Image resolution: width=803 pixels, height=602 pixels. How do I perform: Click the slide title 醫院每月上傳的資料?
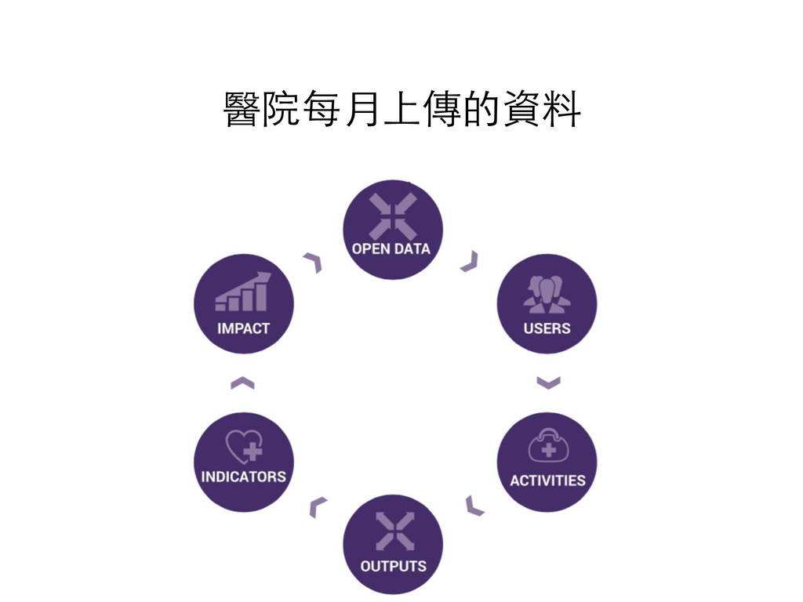click(401, 110)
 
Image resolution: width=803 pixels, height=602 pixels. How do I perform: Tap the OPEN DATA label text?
click(391, 248)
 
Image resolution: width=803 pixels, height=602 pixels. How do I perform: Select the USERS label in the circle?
click(547, 328)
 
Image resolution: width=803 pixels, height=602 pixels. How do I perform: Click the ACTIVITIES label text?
click(547, 480)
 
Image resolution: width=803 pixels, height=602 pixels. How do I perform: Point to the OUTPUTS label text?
click(393, 565)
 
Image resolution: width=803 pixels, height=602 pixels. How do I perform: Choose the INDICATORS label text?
click(243, 476)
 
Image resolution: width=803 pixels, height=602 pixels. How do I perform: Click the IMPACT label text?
click(243, 328)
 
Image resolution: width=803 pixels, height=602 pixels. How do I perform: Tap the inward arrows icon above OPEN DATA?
click(392, 216)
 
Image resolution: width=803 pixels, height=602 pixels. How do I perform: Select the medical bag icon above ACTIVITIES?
click(547, 447)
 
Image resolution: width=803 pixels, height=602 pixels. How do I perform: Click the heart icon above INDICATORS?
click(244, 448)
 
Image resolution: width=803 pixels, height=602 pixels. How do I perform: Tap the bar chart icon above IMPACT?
click(242, 293)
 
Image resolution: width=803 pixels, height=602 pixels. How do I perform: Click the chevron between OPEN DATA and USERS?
click(470, 262)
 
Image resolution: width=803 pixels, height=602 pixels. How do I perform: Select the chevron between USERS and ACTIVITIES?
click(548, 383)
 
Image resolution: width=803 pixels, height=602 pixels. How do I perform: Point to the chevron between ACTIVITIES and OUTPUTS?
click(474, 506)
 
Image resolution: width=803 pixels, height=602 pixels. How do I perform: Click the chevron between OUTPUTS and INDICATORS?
click(317, 506)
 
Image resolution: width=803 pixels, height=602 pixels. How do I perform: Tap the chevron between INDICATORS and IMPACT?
click(242, 383)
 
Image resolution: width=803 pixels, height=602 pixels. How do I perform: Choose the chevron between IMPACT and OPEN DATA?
click(314, 262)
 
